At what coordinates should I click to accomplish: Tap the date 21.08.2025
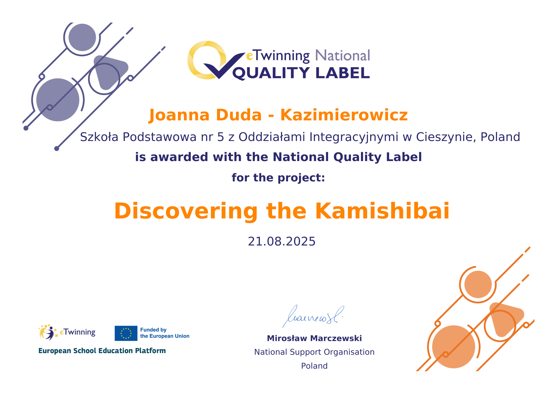282,241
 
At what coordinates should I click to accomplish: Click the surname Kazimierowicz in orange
344,115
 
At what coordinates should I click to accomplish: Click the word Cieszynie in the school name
444,137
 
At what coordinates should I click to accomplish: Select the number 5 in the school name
221,137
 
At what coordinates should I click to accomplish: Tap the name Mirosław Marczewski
314,338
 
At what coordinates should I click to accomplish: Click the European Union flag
126,333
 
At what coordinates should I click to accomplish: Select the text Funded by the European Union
165,333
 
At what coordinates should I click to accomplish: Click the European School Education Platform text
102,351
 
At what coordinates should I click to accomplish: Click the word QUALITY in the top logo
271,73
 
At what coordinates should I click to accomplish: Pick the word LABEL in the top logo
343,73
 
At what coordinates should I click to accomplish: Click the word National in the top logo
343,55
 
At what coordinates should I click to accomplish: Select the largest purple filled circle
58,100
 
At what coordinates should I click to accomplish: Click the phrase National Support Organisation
314,352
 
